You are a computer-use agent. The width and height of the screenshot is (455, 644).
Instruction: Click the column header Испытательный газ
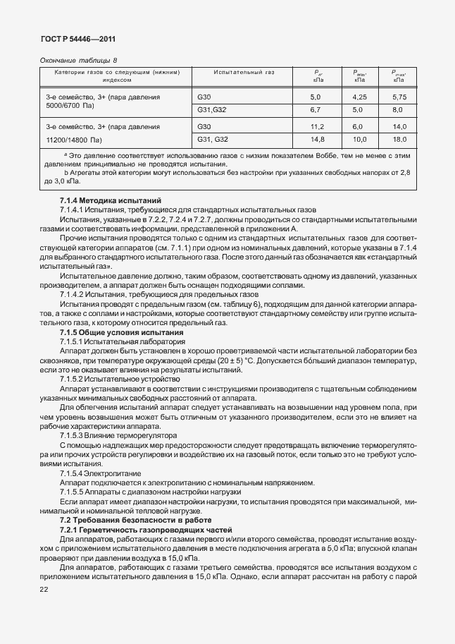(x=244, y=72)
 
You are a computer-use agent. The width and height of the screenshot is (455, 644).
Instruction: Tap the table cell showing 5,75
(x=399, y=97)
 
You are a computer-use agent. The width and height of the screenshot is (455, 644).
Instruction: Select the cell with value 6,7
(x=316, y=110)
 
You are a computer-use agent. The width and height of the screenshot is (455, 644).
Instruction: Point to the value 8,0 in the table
(x=397, y=110)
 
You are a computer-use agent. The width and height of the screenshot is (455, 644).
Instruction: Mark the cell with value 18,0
(x=399, y=140)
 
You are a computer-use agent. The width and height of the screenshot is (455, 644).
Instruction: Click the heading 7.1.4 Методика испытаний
(x=111, y=201)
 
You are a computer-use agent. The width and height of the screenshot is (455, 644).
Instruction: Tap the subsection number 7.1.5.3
(x=76, y=436)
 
